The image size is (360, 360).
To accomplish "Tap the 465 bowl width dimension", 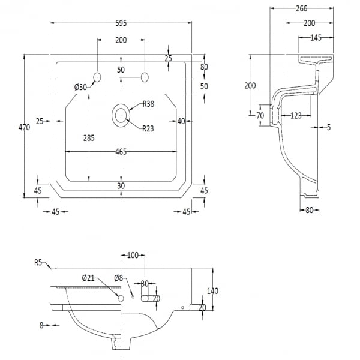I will click(121, 152).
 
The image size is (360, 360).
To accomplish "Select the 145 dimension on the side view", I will click(316, 37).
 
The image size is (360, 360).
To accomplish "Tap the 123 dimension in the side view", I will click(295, 115).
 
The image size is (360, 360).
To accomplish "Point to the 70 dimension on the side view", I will click(260, 115).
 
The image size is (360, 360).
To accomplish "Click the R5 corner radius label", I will click(38, 262).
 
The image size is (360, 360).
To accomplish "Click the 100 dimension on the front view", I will click(133, 256).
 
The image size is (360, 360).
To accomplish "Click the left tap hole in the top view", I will click(97, 77).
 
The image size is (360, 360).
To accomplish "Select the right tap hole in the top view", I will click(144, 77).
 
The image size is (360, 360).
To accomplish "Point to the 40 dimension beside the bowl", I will click(181, 121).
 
